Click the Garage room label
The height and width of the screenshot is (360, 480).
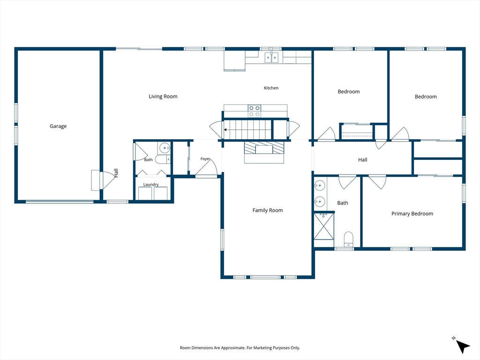pyautogui.click(x=58, y=126)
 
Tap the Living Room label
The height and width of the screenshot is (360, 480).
pyautogui.click(x=163, y=97)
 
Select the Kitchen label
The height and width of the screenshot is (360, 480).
pyautogui.click(x=271, y=88)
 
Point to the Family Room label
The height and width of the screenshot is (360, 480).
pyautogui.click(x=268, y=210)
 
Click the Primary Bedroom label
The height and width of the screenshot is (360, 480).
pyautogui.click(x=412, y=214)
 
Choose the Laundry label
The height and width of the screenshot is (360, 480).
pyautogui.click(x=151, y=184)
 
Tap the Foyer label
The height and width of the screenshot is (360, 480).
pyautogui.click(x=205, y=158)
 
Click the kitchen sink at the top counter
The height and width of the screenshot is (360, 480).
pyautogui.click(x=271, y=58)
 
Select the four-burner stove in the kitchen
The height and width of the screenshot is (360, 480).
pyautogui.click(x=255, y=111)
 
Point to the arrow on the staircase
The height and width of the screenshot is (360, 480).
pyautogui.click(x=225, y=130)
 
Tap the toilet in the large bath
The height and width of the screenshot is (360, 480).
pyautogui.click(x=348, y=239)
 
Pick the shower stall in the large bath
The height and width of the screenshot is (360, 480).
pyautogui.click(x=324, y=226)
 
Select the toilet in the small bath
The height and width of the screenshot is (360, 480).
pyautogui.click(x=163, y=159)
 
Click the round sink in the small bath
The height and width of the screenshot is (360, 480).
pyautogui.click(x=165, y=148)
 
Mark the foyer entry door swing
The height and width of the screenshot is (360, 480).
pyautogui.click(x=206, y=168)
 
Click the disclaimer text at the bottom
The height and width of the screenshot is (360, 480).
pyautogui.click(x=240, y=348)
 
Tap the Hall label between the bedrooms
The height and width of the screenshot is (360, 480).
pyautogui.click(x=363, y=160)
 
